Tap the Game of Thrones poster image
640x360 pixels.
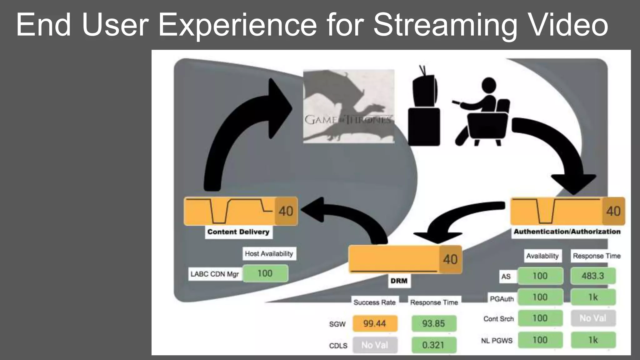point(348,106)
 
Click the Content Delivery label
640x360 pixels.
point(238,232)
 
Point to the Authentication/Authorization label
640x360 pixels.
point(567,232)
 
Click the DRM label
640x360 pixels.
point(399,281)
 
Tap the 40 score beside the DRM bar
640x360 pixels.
point(450,259)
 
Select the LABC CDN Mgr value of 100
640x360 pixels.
point(265,273)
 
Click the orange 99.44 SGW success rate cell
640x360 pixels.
point(375,323)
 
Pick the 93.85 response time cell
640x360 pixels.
point(433,323)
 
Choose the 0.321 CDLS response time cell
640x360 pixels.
point(433,345)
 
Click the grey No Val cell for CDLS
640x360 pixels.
point(375,345)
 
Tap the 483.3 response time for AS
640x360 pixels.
point(593,276)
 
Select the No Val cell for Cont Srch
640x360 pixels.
point(593,318)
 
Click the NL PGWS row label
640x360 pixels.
point(497,340)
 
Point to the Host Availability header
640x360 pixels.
point(269,253)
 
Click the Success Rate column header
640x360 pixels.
point(375,302)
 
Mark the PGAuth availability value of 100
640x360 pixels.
point(540,297)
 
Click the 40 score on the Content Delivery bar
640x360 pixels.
point(286,211)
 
